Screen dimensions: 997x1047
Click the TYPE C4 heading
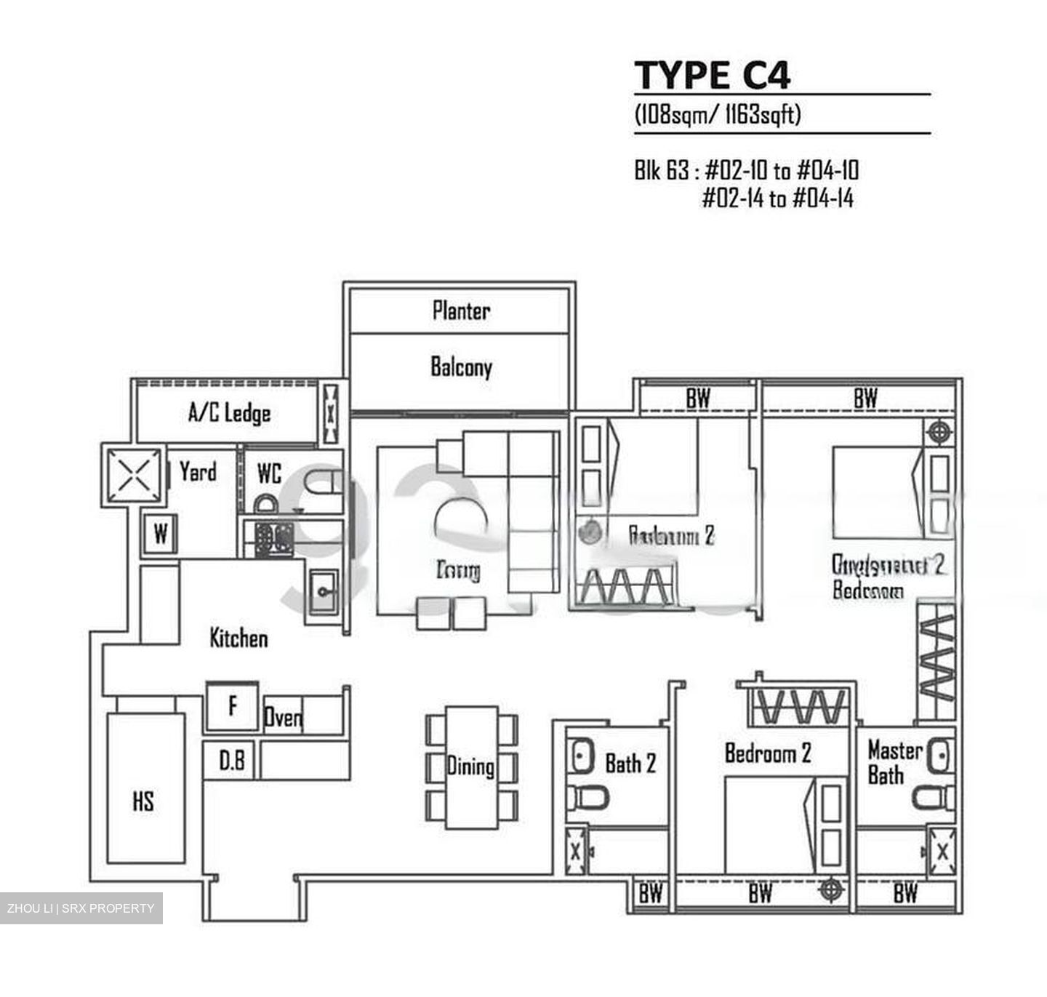click(712, 75)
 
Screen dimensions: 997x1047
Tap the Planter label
click(461, 311)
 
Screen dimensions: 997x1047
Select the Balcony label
click(461, 367)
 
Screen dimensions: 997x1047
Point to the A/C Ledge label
click(229, 413)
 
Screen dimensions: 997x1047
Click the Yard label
click(198, 471)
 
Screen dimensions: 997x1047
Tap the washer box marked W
click(161, 534)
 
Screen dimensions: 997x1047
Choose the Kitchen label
click(238, 638)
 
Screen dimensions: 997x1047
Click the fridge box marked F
click(233, 705)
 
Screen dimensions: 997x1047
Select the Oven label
click(283, 718)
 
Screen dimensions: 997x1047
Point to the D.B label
click(232, 761)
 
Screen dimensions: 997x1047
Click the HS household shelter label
click(143, 801)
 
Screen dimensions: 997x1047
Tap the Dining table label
click(470, 766)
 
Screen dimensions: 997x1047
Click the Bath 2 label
click(630, 763)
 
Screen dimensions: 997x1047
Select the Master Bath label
click(894, 762)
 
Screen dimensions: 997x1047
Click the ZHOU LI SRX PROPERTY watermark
click(81, 908)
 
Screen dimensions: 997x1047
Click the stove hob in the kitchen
click(274, 539)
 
